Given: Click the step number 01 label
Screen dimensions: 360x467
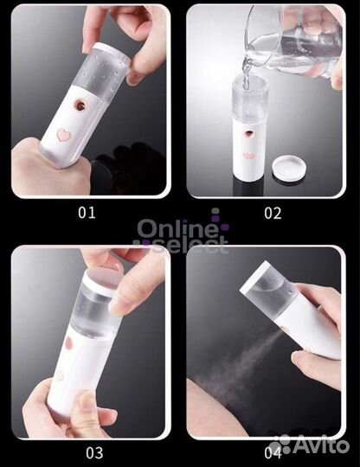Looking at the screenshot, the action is (x=87, y=213).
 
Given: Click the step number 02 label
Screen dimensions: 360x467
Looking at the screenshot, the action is (x=273, y=214).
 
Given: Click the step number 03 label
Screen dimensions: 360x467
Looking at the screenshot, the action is (x=94, y=453).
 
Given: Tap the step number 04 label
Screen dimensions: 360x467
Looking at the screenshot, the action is (x=273, y=453).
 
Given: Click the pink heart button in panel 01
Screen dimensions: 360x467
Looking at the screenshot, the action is (x=65, y=135).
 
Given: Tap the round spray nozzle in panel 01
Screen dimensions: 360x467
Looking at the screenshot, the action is (x=81, y=105).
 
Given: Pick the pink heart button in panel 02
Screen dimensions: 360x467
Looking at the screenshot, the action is (x=249, y=156).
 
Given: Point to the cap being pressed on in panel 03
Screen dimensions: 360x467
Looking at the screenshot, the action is (x=103, y=282).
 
